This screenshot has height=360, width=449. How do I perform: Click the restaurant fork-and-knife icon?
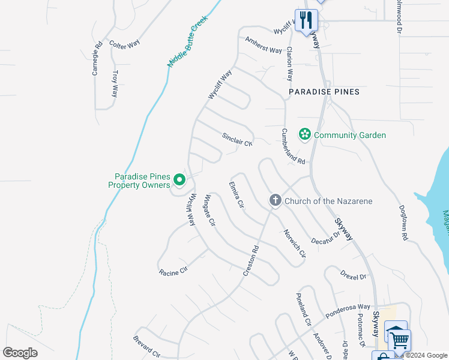click(x=306, y=20)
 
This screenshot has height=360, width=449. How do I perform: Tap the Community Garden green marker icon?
click(x=304, y=135)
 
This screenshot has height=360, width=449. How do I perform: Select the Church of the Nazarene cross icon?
click(x=275, y=200)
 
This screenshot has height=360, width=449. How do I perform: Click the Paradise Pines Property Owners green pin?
click(x=179, y=179)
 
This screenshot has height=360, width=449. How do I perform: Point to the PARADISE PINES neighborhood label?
click(x=324, y=92)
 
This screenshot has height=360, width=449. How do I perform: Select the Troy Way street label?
click(x=115, y=84)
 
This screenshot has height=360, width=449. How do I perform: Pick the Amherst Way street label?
click(x=264, y=45)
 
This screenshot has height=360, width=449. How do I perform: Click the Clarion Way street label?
click(x=289, y=64)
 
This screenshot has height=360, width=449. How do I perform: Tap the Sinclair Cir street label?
click(x=237, y=139)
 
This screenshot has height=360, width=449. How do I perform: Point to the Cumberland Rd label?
click(x=294, y=146)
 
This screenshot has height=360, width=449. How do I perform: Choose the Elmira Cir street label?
click(x=236, y=195)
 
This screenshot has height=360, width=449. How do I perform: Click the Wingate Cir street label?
click(x=209, y=211)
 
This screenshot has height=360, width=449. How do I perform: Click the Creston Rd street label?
click(x=251, y=260)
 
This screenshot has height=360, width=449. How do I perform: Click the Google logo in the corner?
click(x=20, y=352)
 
